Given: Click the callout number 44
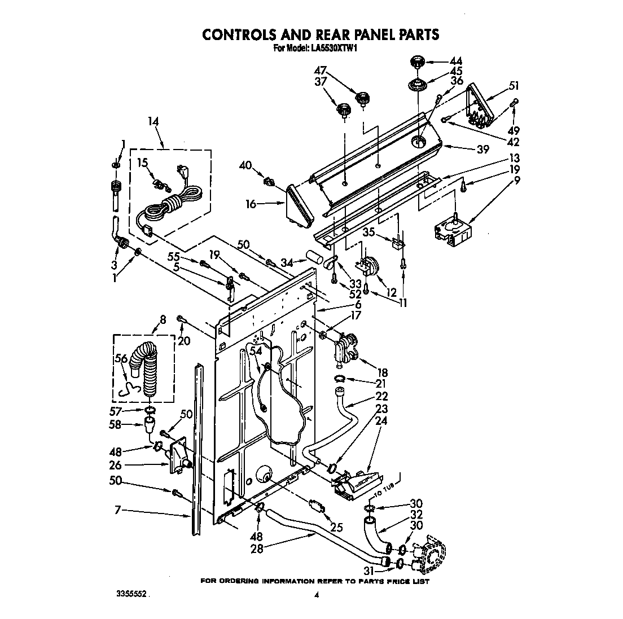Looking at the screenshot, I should pyautogui.click(x=455, y=61).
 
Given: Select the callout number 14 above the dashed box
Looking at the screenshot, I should pyautogui.click(x=153, y=121).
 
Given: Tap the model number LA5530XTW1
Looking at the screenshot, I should pyautogui.click(x=334, y=49).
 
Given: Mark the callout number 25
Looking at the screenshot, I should pyautogui.click(x=337, y=528).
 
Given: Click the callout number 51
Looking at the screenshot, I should pyautogui.click(x=514, y=86).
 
